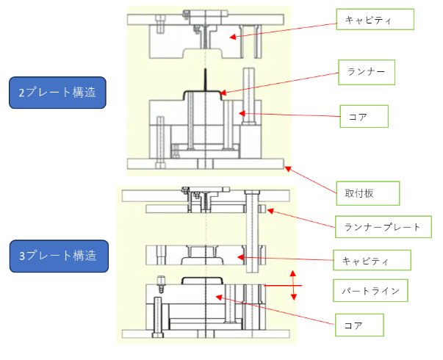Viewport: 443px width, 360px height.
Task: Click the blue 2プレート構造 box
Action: pyautogui.click(x=57, y=93)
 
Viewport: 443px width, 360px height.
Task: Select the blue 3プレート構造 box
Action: pyautogui.click(x=59, y=256)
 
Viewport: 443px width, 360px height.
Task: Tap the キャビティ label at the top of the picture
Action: pyautogui.click(x=375, y=19)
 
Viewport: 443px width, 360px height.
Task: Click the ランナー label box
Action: pyautogui.click(x=367, y=72)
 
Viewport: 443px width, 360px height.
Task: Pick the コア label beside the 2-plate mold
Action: pyautogui.click(x=364, y=116)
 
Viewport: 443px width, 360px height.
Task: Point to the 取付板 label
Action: pyautogui.click(x=368, y=193)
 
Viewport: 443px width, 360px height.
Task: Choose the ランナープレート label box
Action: pyautogui.click(x=383, y=227)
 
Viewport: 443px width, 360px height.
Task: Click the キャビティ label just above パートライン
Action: pyautogui.click(x=372, y=260)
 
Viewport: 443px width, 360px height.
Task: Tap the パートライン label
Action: pyautogui.click(x=370, y=290)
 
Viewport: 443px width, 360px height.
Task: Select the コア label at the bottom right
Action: pyautogui.click(x=359, y=325)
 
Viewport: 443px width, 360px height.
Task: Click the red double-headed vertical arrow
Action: pyautogui.click(x=293, y=285)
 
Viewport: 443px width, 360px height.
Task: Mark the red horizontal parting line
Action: pyautogui.click(x=283, y=286)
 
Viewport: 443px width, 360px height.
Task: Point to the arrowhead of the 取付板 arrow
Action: pyautogui.click(x=287, y=169)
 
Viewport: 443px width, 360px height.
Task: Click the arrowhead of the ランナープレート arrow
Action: pyautogui.click(x=270, y=211)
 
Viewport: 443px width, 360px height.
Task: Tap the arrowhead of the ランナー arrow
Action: pyautogui.click(x=223, y=93)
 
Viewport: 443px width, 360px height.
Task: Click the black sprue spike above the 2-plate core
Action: pyautogui.click(x=206, y=80)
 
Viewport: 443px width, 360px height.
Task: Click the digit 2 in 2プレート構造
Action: pyautogui.click(x=21, y=93)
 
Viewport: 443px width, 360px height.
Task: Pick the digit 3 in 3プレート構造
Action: pyautogui.click(x=22, y=256)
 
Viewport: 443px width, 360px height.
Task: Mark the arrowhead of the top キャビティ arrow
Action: pyautogui.click(x=232, y=37)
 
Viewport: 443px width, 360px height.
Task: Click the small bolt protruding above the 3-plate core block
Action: pyautogui.click(x=161, y=284)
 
